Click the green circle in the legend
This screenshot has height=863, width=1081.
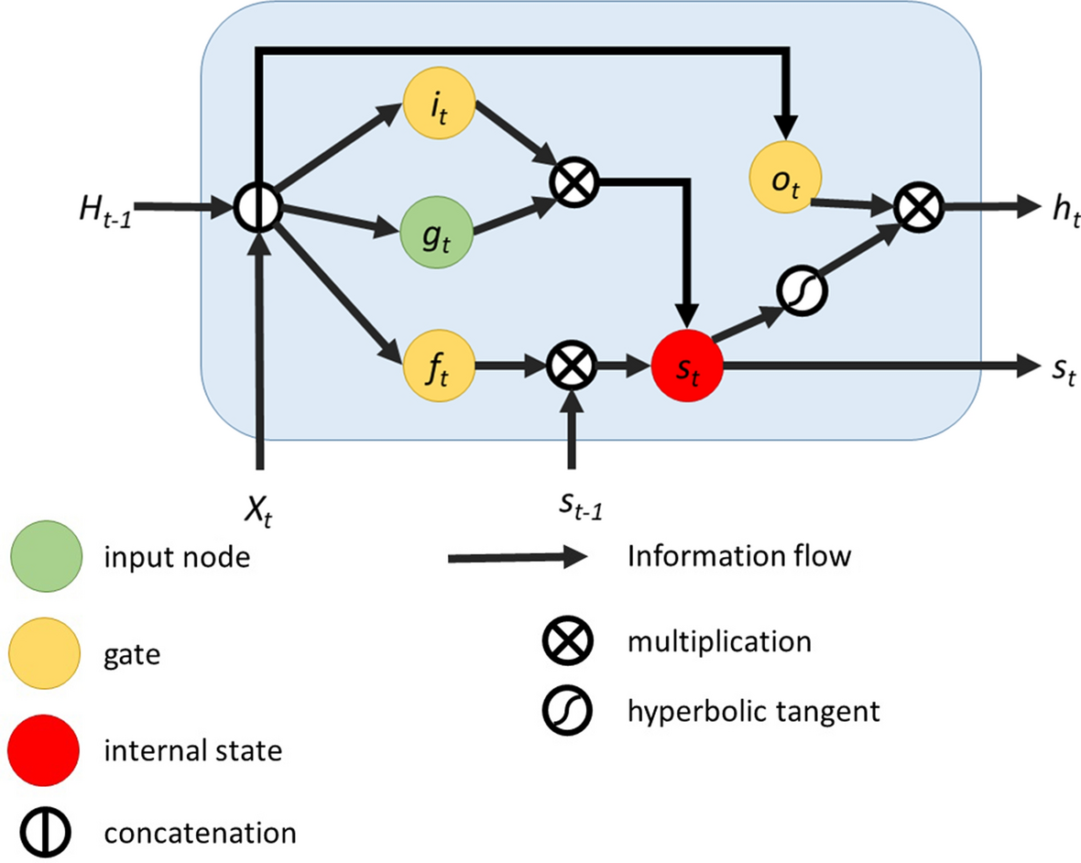47,556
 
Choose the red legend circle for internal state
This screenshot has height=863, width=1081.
47,750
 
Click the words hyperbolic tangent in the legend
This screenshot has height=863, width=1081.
753,710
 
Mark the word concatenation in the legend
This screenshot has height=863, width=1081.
200,833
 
